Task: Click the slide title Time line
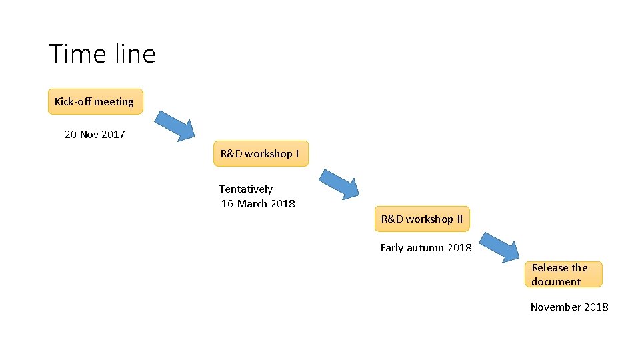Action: (x=102, y=53)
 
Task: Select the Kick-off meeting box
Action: (x=95, y=101)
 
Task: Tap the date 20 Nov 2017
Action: (x=95, y=135)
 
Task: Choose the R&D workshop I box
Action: (x=260, y=153)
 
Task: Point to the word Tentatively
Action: (x=246, y=189)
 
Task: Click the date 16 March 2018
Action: (x=259, y=204)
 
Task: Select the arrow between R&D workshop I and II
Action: (x=339, y=184)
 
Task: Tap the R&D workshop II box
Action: (x=421, y=219)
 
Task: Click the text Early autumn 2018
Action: (x=426, y=248)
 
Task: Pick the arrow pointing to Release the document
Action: (x=500, y=247)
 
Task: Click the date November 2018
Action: (x=569, y=307)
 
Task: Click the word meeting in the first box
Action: (x=113, y=102)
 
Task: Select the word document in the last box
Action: (x=556, y=282)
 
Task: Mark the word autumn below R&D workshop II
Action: (x=425, y=248)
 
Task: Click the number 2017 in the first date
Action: (x=113, y=135)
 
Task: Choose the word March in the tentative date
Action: (x=252, y=204)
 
